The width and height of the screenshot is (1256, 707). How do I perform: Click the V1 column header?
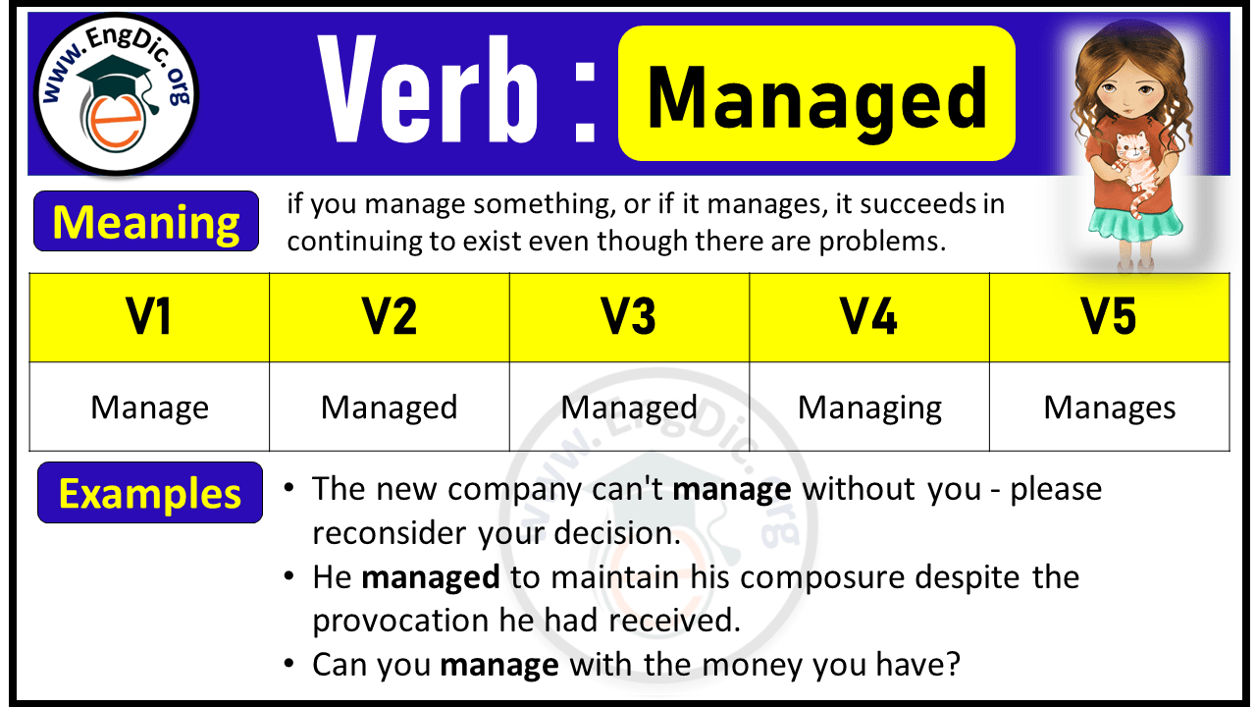point(149,317)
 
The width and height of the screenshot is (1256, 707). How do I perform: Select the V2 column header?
point(390,317)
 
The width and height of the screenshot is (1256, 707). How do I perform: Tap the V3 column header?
point(629,317)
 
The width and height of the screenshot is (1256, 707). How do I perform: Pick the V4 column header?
point(869,317)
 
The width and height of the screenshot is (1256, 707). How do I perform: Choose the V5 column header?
point(1109,317)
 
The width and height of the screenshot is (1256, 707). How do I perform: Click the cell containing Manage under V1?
point(149,408)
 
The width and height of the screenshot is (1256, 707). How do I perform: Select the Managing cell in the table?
point(869,408)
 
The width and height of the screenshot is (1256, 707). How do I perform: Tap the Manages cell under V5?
point(1109,408)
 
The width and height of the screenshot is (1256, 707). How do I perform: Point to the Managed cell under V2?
point(390,408)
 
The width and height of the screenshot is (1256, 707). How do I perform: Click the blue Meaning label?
point(146,222)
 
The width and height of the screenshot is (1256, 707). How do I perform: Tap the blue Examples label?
point(150,493)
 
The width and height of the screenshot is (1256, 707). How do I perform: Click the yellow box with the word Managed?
point(816,95)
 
